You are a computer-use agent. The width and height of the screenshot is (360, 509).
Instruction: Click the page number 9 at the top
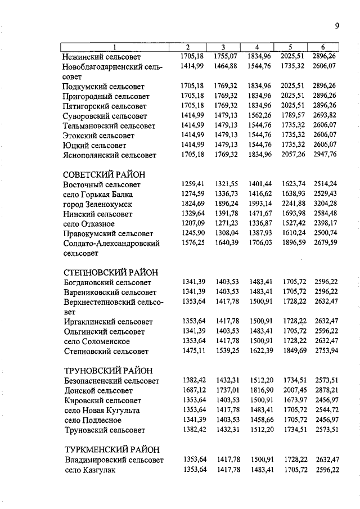pos(336,25)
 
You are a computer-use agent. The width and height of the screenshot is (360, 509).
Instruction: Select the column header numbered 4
pos(257,47)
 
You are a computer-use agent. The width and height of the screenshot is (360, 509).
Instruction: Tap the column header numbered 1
pos(115,47)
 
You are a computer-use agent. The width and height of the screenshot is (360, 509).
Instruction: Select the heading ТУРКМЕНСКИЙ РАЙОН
pos(111,449)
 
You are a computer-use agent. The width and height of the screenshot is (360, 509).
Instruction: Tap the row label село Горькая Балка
pos(98,195)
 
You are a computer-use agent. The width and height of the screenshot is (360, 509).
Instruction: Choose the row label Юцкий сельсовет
pos(94,145)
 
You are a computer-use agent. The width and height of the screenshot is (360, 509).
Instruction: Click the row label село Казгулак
pos(89,470)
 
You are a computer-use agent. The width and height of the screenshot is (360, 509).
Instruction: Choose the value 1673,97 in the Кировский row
pos(293,400)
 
